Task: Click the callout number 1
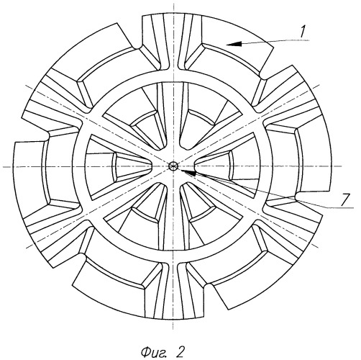pyautogui.click(x=303, y=32)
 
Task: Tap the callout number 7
pyautogui.click(x=345, y=199)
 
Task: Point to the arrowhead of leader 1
pyautogui.click(x=234, y=44)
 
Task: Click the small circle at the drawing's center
pyautogui.click(x=173, y=166)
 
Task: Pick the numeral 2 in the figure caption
pyautogui.click(x=180, y=351)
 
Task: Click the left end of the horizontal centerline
pyautogui.click(x=3, y=166)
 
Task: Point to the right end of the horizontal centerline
pyautogui.click(x=342, y=166)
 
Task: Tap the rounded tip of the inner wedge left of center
pyautogui.click(x=152, y=166)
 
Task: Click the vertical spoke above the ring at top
pyautogui.click(x=173, y=42)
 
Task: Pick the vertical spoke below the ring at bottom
pyautogui.click(x=173, y=290)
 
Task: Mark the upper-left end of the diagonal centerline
pyautogui.click(x=26, y=86)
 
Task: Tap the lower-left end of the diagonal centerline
pyautogui.click(x=27, y=248)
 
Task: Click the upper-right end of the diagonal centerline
pyautogui.click(x=320, y=84)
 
